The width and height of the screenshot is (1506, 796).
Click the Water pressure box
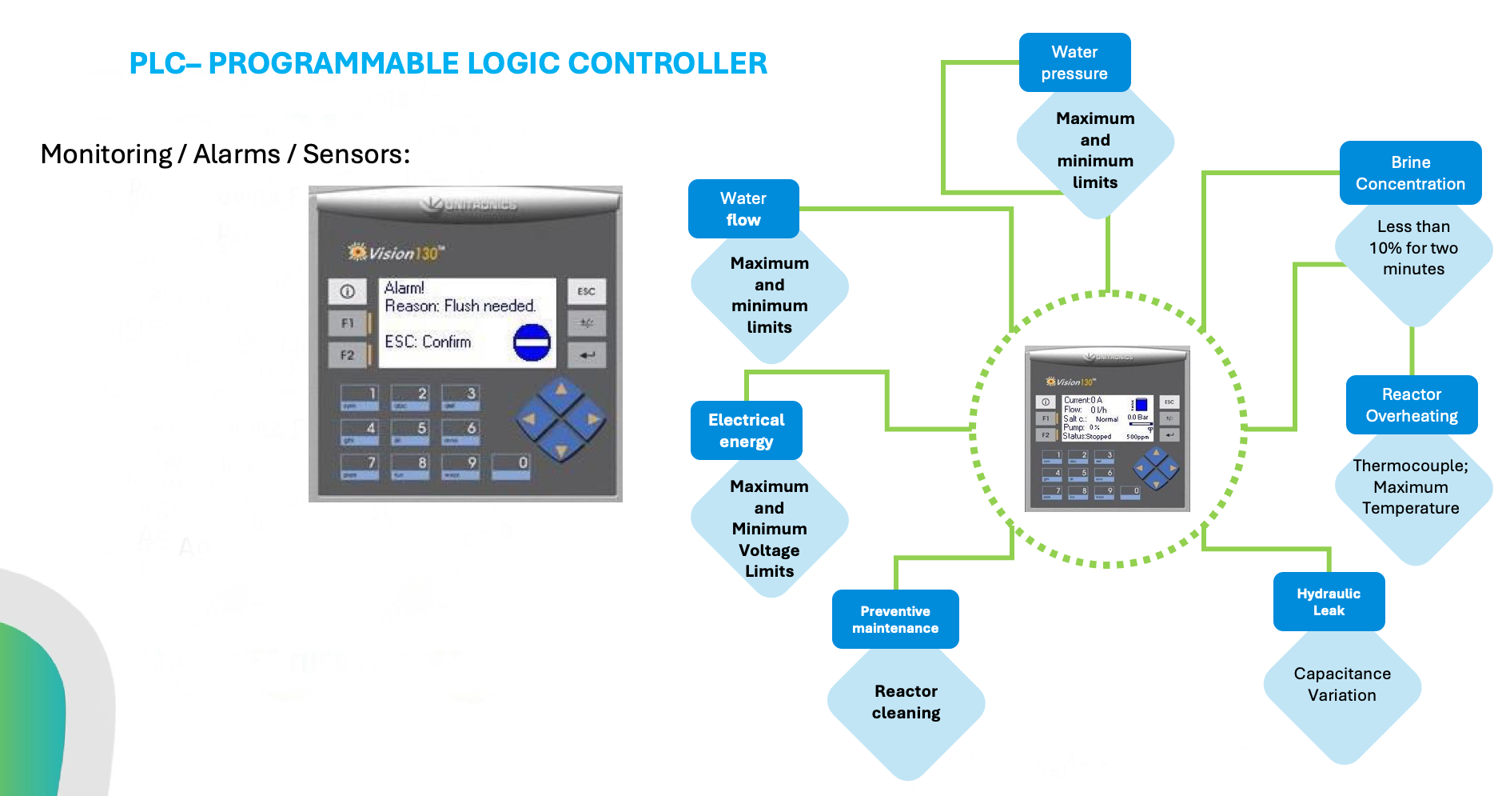(x=1074, y=62)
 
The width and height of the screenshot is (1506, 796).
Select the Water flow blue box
(x=743, y=209)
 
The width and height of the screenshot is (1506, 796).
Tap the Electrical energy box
(x=746, y=430)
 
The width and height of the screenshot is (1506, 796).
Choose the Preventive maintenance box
(x=895, y=619)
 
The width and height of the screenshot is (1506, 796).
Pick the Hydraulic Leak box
(x=1329, y=602)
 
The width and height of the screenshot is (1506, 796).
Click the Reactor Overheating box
(x=1412, y=405)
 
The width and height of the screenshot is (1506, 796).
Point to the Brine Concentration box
(x=1410, y=173)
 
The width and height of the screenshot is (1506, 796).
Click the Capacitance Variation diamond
(x=1342, y=685)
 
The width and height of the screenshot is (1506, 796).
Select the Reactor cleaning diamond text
(x=906, y=702)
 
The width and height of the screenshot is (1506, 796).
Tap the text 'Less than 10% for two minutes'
(x=1413, y=248)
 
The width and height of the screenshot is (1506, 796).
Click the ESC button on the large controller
(x=587, y=291)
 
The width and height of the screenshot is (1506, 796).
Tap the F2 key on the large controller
(x=348, y=355)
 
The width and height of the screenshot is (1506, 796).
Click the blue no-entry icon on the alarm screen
(x=532, y=343)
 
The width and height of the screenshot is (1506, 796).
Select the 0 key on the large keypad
(x=512, y=466)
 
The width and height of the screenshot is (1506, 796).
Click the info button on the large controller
(x=348, y=292)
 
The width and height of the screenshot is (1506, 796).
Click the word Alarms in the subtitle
(x=237, y=154)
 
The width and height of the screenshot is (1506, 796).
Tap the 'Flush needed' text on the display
(x=489, y=306)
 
